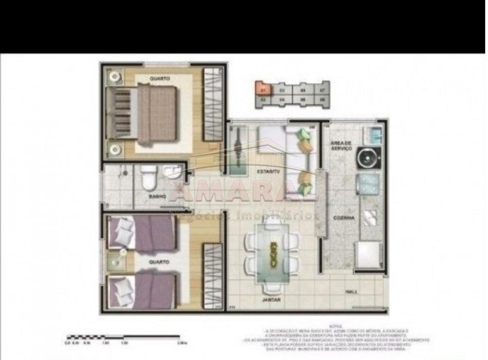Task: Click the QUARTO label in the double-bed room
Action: tap(160, 78)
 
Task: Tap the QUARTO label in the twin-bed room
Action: tap(160, 262)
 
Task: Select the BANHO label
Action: tap(157, 197)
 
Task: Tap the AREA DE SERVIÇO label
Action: tap(340, 144)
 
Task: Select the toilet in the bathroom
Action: tap(148, 178)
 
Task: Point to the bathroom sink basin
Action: tap(172, 171)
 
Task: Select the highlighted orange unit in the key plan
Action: tap(263, 90)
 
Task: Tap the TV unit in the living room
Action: tap(239, 151)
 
